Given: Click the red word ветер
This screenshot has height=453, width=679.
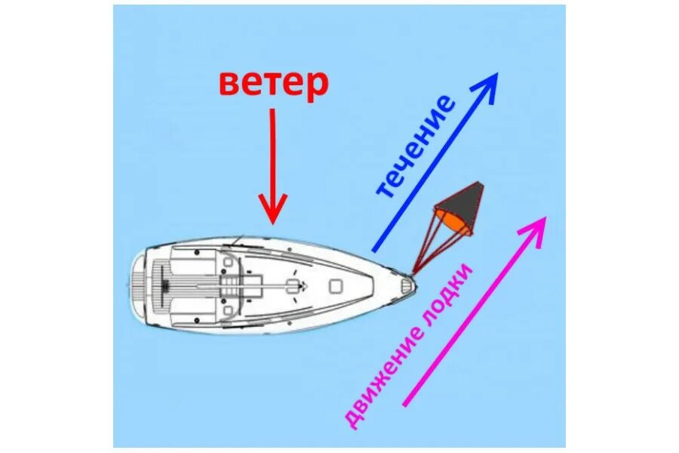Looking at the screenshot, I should (274, 83).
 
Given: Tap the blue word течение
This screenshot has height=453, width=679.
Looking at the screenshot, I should (415, 147).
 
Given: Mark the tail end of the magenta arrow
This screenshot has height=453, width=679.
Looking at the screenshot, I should (406, 405).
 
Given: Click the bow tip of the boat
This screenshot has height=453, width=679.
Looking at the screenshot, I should (411, 285).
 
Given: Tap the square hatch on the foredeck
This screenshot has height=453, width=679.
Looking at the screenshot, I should (336, 285).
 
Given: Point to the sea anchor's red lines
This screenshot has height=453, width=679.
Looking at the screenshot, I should (431, 245).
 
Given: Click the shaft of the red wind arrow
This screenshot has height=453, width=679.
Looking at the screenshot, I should (272, 151).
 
